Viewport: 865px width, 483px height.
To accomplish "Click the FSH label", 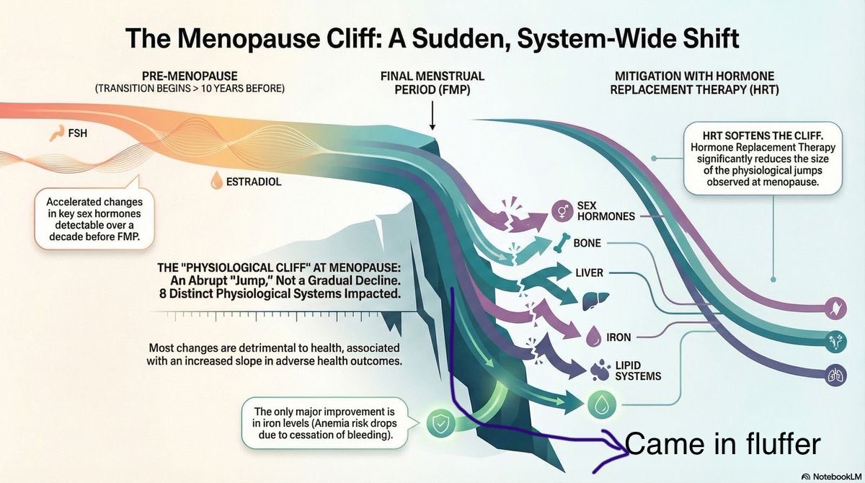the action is tap(78, 133).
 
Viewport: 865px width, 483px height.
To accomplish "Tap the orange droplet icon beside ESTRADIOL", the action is tap(217, 181).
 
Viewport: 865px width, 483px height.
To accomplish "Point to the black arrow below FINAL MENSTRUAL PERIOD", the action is tap(432, 115).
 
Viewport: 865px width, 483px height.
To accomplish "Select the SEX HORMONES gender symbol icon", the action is tap(562, 211).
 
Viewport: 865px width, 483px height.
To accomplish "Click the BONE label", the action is tap(587, 243).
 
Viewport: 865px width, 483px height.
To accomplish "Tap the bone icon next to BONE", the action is tap(562, 243).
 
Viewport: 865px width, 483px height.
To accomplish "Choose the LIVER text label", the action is tap(590, 273).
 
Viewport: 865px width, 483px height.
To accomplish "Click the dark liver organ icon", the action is tap(595, 301).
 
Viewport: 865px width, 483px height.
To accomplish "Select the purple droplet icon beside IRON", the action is tap(593, 336).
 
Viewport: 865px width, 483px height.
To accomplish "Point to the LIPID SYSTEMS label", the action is tap(638, 371).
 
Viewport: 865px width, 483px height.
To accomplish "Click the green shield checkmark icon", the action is tap(440, 424).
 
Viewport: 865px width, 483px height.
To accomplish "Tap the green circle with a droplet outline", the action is tap(602, 404).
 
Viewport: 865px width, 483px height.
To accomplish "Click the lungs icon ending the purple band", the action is tap(836, 376).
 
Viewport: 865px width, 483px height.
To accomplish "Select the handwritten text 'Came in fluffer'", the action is tap(722, 444).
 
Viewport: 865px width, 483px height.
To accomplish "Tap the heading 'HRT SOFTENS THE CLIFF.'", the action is tap(763, 136).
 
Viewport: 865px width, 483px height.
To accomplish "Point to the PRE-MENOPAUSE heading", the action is tap(190, 76).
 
